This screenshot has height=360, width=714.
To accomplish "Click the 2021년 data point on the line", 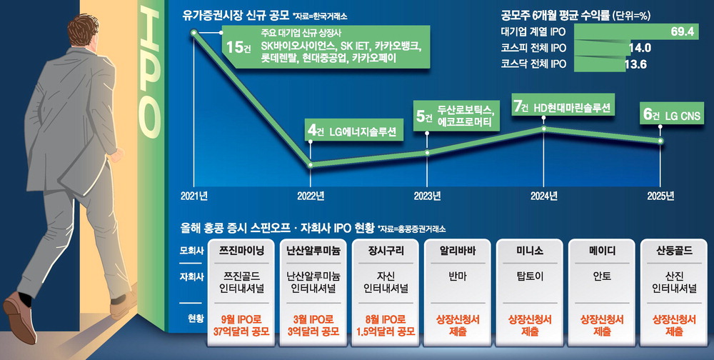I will click(x=193, y=33).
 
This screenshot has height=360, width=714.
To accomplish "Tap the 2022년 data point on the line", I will click(x=311, y=164).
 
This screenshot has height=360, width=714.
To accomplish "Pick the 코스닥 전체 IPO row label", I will click(x=530, y=64).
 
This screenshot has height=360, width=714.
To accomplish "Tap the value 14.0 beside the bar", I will click(x=638, y=48).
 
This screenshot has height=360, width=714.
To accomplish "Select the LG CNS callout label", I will click(x=681, y=115).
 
